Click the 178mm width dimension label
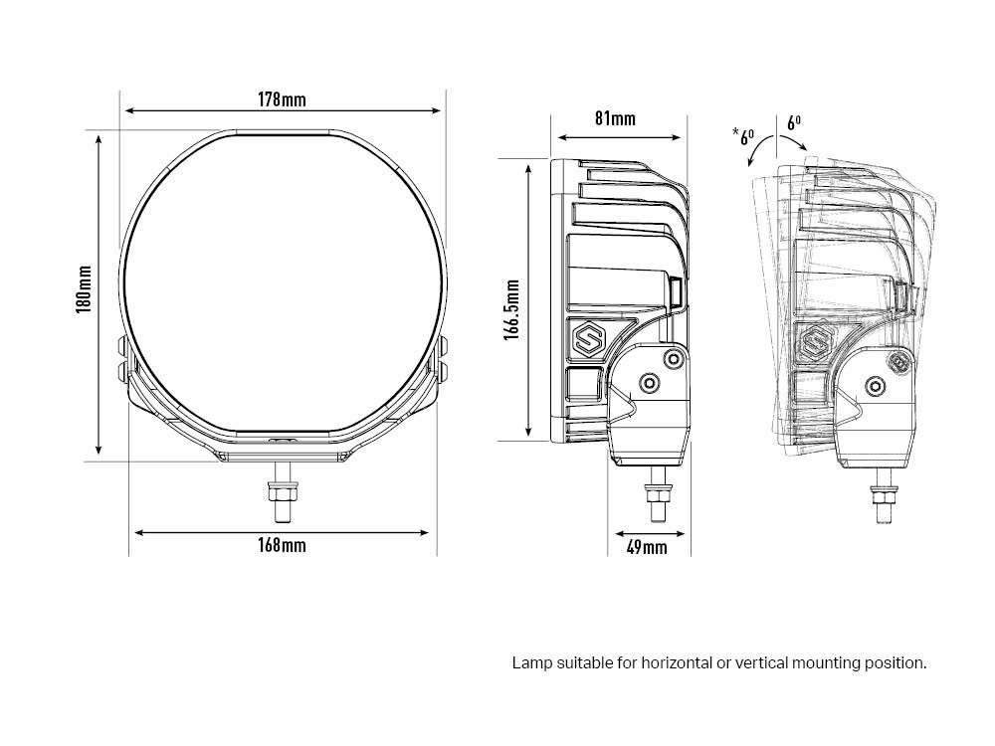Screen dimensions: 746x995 pos(282,99)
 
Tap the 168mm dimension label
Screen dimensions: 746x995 pos(281,545)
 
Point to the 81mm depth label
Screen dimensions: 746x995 pos(615,118)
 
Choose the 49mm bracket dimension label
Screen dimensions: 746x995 pos(647,547)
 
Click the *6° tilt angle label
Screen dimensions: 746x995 pos(744,136)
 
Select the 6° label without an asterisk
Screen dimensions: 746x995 pos(793,123)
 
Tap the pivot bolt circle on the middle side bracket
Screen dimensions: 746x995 pos(650,383)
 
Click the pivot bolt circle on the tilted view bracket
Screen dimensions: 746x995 pos(875,385)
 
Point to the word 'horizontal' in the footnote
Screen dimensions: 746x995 pos(677,662)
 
